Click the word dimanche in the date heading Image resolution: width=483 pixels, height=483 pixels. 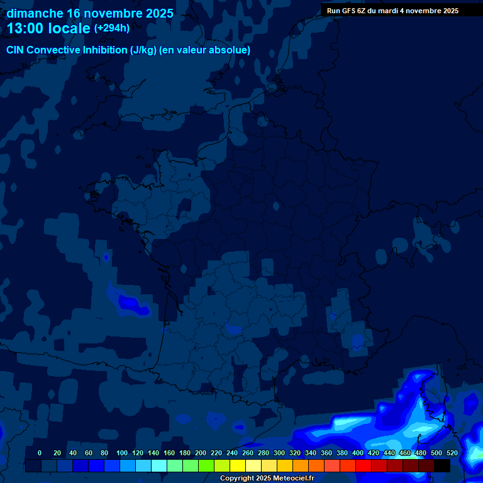click(35, 13)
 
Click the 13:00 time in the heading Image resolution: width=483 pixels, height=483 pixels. click(28, 28)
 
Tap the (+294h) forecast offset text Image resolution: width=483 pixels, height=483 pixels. click(112, 28)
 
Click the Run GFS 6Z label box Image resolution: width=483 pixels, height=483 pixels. click(392, 11)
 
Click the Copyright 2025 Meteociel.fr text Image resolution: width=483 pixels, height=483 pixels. click(267, 479)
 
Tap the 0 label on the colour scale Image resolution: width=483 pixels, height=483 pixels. click(40, 453)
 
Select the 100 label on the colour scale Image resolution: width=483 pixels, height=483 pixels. click(122, 453)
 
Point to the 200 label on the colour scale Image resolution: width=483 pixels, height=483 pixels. click(201, 453)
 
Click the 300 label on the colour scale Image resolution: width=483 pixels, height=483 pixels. click(279, 453)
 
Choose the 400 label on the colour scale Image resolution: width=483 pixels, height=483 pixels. click(358, 453)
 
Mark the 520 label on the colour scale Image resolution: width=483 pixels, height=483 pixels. click(452, 453)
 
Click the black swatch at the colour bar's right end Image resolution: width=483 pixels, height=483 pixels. click(442, 466)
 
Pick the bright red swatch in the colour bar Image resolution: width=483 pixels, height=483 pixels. click(364, 466)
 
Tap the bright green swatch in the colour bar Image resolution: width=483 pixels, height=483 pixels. click(206, 466)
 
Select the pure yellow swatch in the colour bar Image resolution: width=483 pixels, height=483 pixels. click(238, 466)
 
